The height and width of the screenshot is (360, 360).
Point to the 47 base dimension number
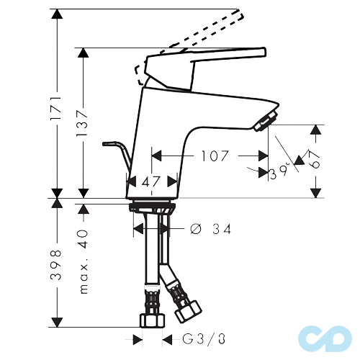point(151,183)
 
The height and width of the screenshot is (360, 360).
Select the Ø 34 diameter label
point(214,230)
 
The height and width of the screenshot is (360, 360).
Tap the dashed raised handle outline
point(202,32)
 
